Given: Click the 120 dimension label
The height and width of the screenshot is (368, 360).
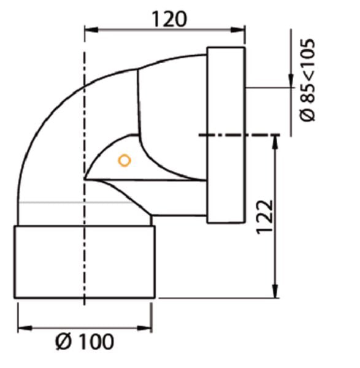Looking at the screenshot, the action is point(170,19).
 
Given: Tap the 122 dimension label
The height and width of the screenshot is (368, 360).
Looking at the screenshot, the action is point(265,217).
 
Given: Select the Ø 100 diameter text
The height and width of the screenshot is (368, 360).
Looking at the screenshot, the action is point(85,342).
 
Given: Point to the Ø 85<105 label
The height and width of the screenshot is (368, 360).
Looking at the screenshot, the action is point(307,80).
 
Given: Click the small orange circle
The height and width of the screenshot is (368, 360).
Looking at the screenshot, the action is point(124,161).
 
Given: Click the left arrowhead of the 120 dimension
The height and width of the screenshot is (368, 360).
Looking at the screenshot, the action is point(91,30).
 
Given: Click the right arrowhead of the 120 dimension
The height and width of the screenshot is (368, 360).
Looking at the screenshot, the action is point(238,30).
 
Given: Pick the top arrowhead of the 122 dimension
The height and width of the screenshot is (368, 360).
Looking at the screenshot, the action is point(275,142).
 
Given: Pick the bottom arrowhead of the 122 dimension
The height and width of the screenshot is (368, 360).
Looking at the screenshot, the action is point(275,291).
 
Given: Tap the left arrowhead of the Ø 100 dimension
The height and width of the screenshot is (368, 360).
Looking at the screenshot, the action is point(25,328).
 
